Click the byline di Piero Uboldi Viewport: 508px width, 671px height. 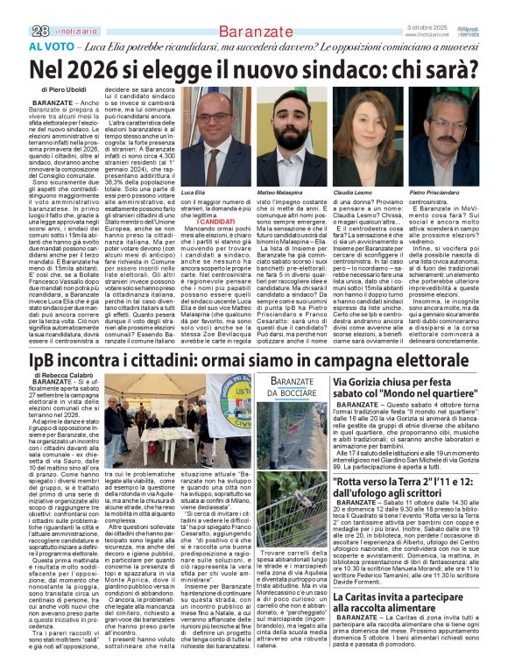65,90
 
